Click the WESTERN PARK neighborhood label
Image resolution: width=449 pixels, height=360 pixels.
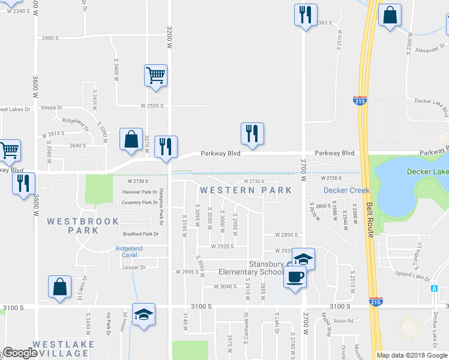click(x=246, y=190)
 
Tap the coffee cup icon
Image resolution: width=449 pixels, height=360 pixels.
click(x=294, y=277)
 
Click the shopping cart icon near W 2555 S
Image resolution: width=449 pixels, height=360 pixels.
click(x=155, y=76)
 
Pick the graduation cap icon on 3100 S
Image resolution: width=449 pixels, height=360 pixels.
click(x=143, y=315)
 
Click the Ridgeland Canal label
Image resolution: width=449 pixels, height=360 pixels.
click(x=129, y=251)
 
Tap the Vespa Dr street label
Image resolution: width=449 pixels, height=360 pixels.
click(x=52, y=107)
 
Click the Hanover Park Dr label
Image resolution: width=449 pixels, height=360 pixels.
click(x=139, y=192)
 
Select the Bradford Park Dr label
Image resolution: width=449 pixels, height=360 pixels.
click(x=140, y=233)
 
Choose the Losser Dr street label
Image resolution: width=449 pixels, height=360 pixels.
click(x=134, y=268)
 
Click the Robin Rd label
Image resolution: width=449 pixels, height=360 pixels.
click(x=343, y=320)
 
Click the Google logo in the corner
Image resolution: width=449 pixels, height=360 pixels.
click(x=20, y=353)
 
